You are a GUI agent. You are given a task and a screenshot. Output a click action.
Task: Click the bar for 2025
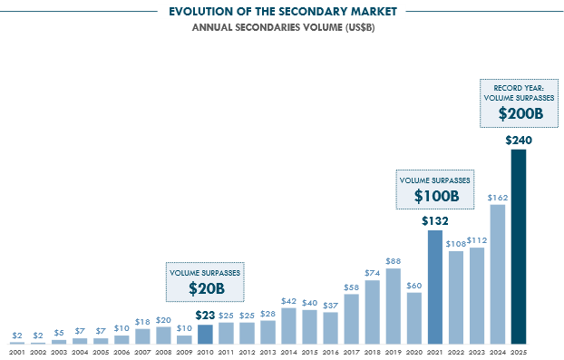(518, 246)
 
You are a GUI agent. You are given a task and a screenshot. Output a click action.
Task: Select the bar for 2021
(434, 287)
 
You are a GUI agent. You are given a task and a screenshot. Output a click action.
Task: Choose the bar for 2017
(352, 318)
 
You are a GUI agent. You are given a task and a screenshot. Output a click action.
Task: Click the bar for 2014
(288, 325)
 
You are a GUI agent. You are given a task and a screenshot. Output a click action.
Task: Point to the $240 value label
(518, 141)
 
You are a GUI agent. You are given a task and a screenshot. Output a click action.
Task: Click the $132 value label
(434, 220)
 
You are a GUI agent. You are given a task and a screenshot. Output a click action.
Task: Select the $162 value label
(497, 197)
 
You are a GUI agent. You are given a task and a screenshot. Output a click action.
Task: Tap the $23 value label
(205, 315)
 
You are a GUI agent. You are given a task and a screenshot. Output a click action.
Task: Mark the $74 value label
(373, 273)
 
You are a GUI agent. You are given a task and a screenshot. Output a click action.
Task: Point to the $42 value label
(288, 300)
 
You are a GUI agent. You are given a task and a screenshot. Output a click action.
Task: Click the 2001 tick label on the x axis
(16, 351)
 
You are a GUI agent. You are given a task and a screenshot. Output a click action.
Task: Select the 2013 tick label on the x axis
(267, 351)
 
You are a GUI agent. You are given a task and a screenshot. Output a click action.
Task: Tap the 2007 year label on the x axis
(142, 351)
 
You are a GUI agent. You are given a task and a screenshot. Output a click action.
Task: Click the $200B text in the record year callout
(519, 115)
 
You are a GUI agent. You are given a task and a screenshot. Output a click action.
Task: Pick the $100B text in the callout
(435, 196)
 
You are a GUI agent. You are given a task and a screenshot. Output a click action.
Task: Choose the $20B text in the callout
(205, 289)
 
